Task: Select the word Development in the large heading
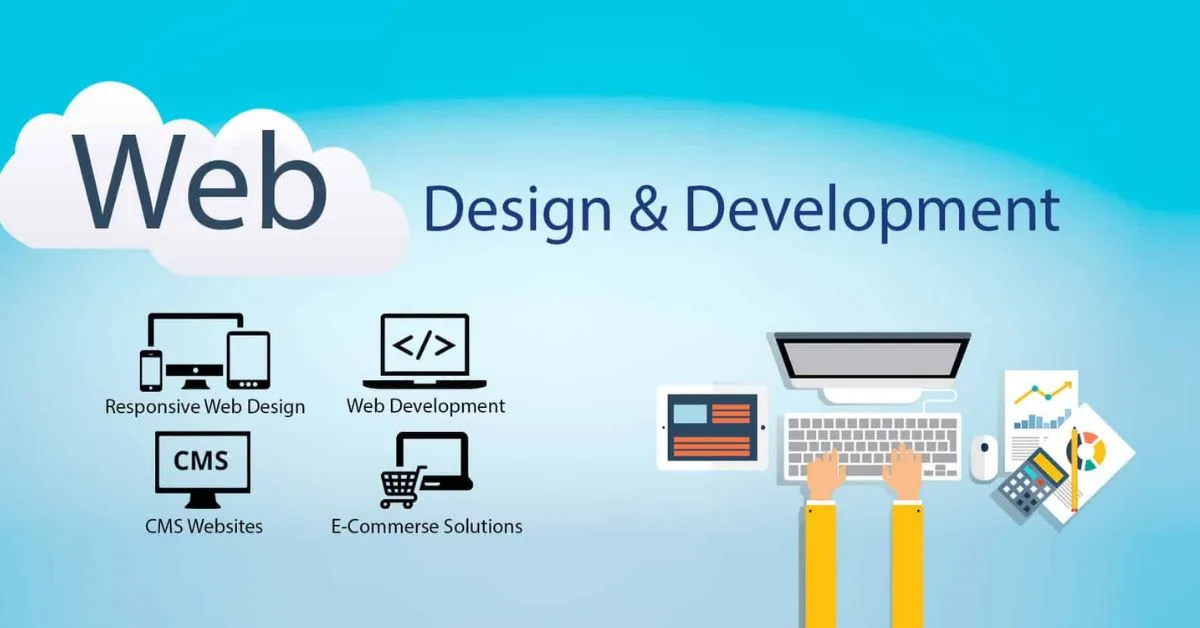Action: click(x=872, y=212)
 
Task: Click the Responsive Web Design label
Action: click(x=205, y=407)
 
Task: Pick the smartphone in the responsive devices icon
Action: click(x=151, y=371)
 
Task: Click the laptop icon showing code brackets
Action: click(x=424, y=351)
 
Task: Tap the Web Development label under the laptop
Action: click(x=425, y=406)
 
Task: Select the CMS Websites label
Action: click(x=204, y=525)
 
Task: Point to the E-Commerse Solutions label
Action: click(x=426, y=525)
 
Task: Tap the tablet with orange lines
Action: click(x=712, y=427)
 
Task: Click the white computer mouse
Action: click(x=984, y=457)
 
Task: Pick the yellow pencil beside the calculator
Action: click(x=1074, y=469)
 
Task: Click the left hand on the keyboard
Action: click(x=826, y=472)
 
